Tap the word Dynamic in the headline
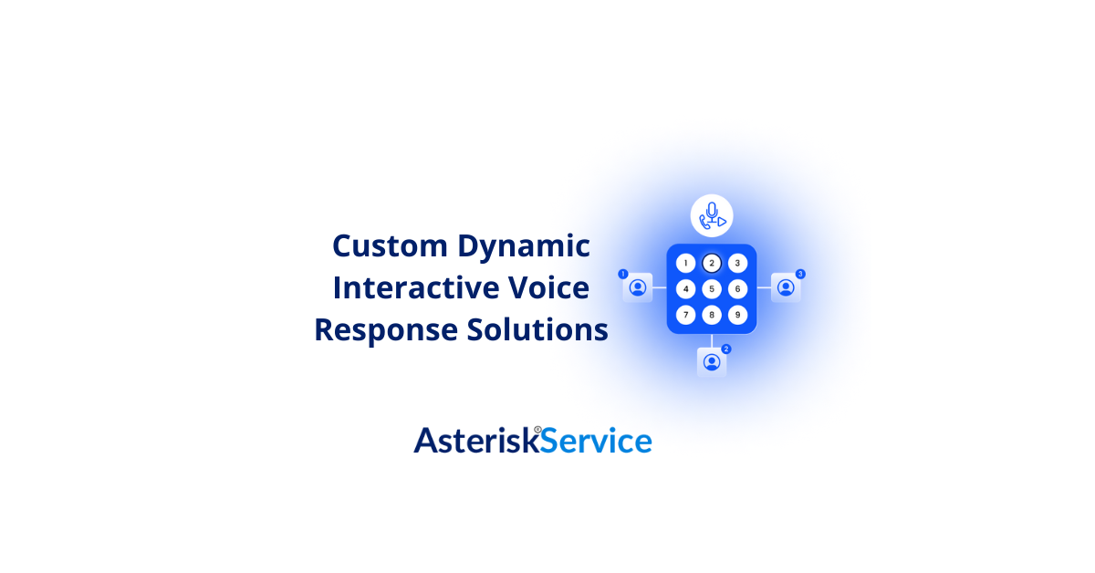pyautogui.click(x=524, y=246)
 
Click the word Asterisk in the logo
pyautogui.click(x=474, y=441)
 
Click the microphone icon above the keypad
pyautogui.click(x=712, y=216)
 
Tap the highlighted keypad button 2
pyautogui.click(x=712, y=264)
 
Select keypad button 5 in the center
pyautogui.click(x=712, y=289)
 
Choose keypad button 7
pyautogui.click(x=685, y=315)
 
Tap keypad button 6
pyautogui.click(x=738, y=289)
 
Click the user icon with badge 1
pyautogui.click(x=638, y=287)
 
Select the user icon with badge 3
pyautogui.click(x=786, y=287)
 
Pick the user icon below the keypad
pyautogui.click(x=712, y=362)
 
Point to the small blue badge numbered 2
pyautogui.click(x=726, y=349)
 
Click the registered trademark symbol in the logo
pyautogui.click(x=537, y=429)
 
